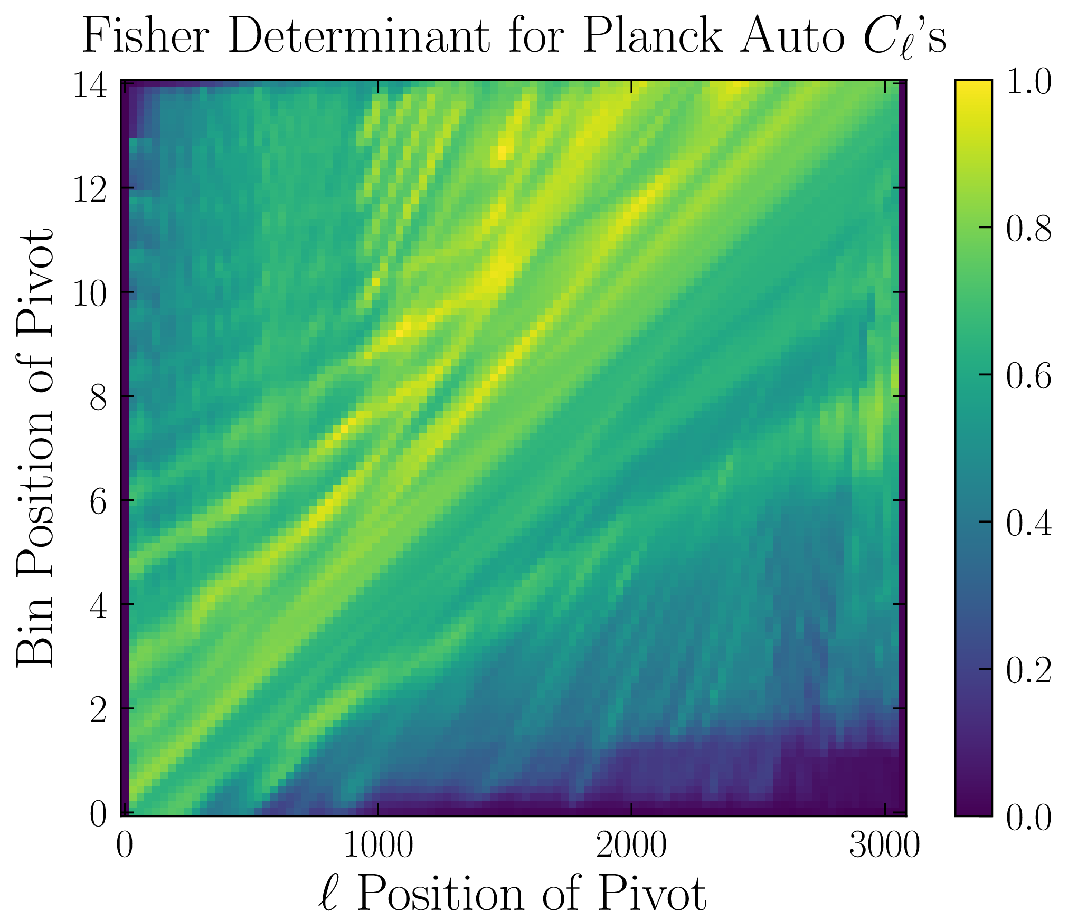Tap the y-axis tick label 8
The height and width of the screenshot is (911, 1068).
98,397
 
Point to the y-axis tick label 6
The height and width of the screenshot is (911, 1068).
98,501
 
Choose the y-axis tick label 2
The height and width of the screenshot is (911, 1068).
98,709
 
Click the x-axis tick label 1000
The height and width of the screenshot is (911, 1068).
378,845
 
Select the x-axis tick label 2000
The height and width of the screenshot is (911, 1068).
631,845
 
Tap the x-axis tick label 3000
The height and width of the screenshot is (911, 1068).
884,845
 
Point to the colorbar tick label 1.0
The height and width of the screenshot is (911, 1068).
1028,81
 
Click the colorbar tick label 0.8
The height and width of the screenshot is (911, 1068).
1028,229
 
